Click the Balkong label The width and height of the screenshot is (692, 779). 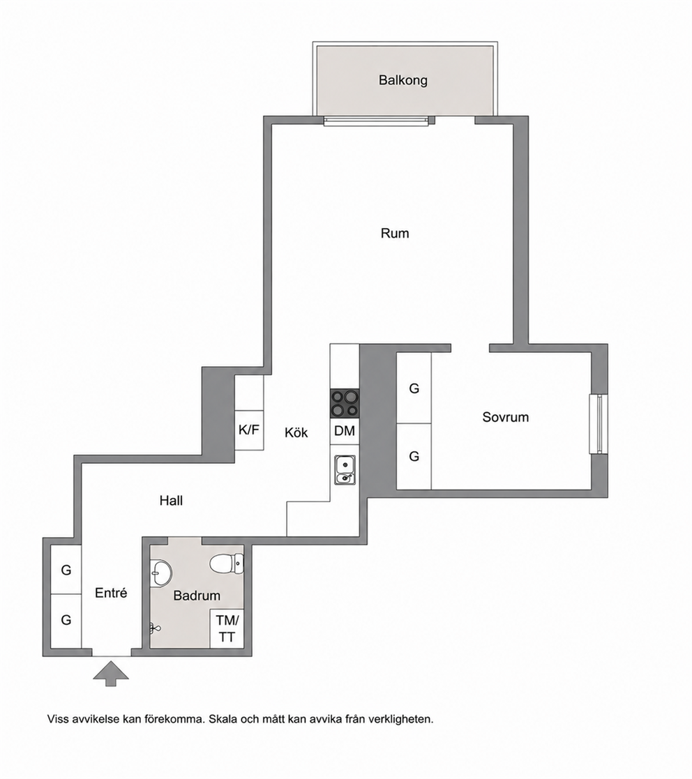[x=403, y=80]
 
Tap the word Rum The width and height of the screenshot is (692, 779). [x=395, y=233]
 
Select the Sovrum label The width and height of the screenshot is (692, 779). [x=505, y=417]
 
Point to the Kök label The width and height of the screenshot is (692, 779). [x=296, y=432]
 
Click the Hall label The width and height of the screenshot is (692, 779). [x=171, y=500]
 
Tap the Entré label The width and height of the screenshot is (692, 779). [x=111, y=593]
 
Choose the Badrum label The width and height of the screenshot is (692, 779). [x=197, y=595]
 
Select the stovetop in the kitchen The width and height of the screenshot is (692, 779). [x=345, y=403]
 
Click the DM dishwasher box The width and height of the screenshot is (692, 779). [x=345, y=431]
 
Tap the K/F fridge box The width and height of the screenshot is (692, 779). [x=249, y=430]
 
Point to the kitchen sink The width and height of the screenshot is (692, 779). [x=345, y=470]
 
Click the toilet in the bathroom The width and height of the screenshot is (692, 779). [x=227, y=564]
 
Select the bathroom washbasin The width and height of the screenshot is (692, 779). [x=160, y=573]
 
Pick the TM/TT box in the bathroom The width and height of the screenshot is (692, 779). [x=227, y=628]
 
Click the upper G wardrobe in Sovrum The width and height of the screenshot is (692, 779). [x=414, y=388]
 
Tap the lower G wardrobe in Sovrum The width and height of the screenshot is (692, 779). [x=414, y=456]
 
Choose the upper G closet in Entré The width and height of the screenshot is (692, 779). [x=66, y=570]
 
